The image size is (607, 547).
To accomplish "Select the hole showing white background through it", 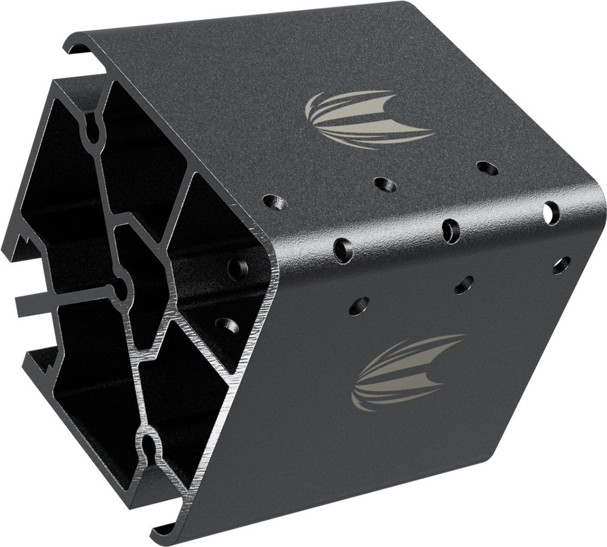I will coord(551,210).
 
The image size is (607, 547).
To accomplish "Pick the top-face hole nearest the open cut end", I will coord(276,203).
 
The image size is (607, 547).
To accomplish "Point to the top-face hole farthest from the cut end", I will coord(487,168).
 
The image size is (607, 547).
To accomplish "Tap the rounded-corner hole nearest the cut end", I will coord(343,249).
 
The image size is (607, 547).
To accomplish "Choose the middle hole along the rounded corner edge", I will coord(451,231).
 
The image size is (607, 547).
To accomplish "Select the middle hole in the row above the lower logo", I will coord(464,285).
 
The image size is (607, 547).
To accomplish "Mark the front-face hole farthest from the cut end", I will coord(561,264).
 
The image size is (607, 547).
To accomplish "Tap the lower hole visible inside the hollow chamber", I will coord(227,325).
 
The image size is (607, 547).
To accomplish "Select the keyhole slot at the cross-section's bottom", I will coord(150,449).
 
